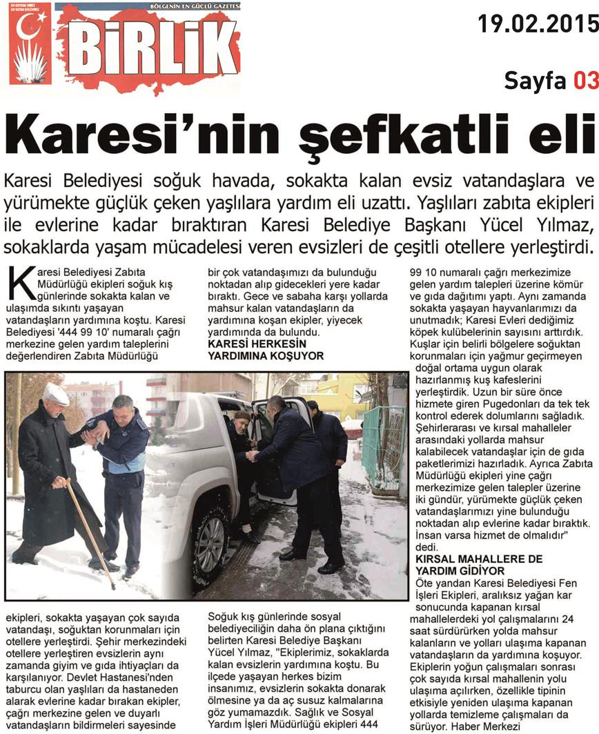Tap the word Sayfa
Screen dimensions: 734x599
click(x=535, y=81)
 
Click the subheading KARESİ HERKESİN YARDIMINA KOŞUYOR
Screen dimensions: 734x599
click(x=266, y=349)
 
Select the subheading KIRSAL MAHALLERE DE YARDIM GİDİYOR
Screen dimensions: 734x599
click(x=478, y=565)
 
